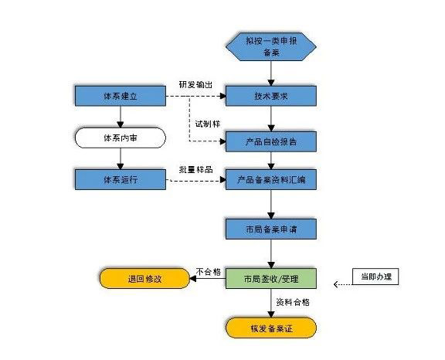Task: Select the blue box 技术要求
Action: tap(270, 97)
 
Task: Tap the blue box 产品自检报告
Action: tap(270, 141)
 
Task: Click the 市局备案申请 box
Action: tap(270, 230)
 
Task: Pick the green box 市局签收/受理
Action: tap(270, 279)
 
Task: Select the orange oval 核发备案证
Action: tap(270, 329)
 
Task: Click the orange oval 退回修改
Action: tap(146, 279)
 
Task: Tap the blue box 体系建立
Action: tap(121, 97)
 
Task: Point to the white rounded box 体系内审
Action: tap(121, 138)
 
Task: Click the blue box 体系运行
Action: tap(121, 180)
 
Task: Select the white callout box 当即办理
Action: tap(375, 277)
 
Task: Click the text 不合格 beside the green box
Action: tap(208, 271)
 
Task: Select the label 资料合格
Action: tap(294, 304)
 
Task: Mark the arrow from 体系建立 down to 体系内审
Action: tap(121, 117)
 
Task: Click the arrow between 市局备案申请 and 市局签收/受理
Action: tap(270, 253)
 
